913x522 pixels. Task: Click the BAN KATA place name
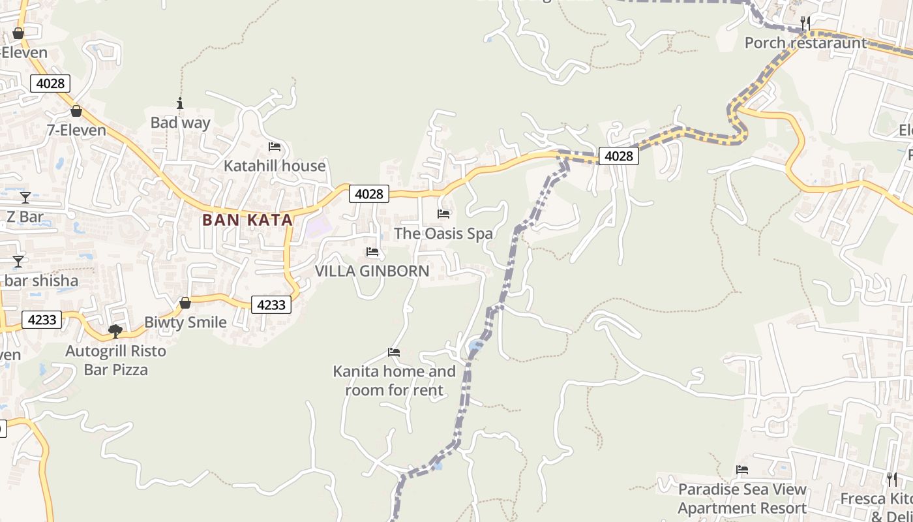247,220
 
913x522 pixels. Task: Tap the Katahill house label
275,166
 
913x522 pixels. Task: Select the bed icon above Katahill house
275,147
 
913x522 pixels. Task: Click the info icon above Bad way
180,103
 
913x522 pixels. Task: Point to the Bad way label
181,123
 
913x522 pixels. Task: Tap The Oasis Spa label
443,234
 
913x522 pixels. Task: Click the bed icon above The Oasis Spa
443,214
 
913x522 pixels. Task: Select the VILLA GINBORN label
372,271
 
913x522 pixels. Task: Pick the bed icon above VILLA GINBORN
372,252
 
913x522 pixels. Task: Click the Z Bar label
25,217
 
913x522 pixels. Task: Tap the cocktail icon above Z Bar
25,197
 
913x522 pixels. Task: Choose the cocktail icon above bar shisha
18,262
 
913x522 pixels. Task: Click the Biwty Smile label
185,322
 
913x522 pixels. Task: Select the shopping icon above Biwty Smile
185,303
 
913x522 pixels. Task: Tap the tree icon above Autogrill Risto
115,331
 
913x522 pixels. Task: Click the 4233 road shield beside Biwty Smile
271,305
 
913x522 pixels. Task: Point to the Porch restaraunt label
806,43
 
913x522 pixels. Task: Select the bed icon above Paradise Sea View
742,470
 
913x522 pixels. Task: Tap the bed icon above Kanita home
394,352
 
